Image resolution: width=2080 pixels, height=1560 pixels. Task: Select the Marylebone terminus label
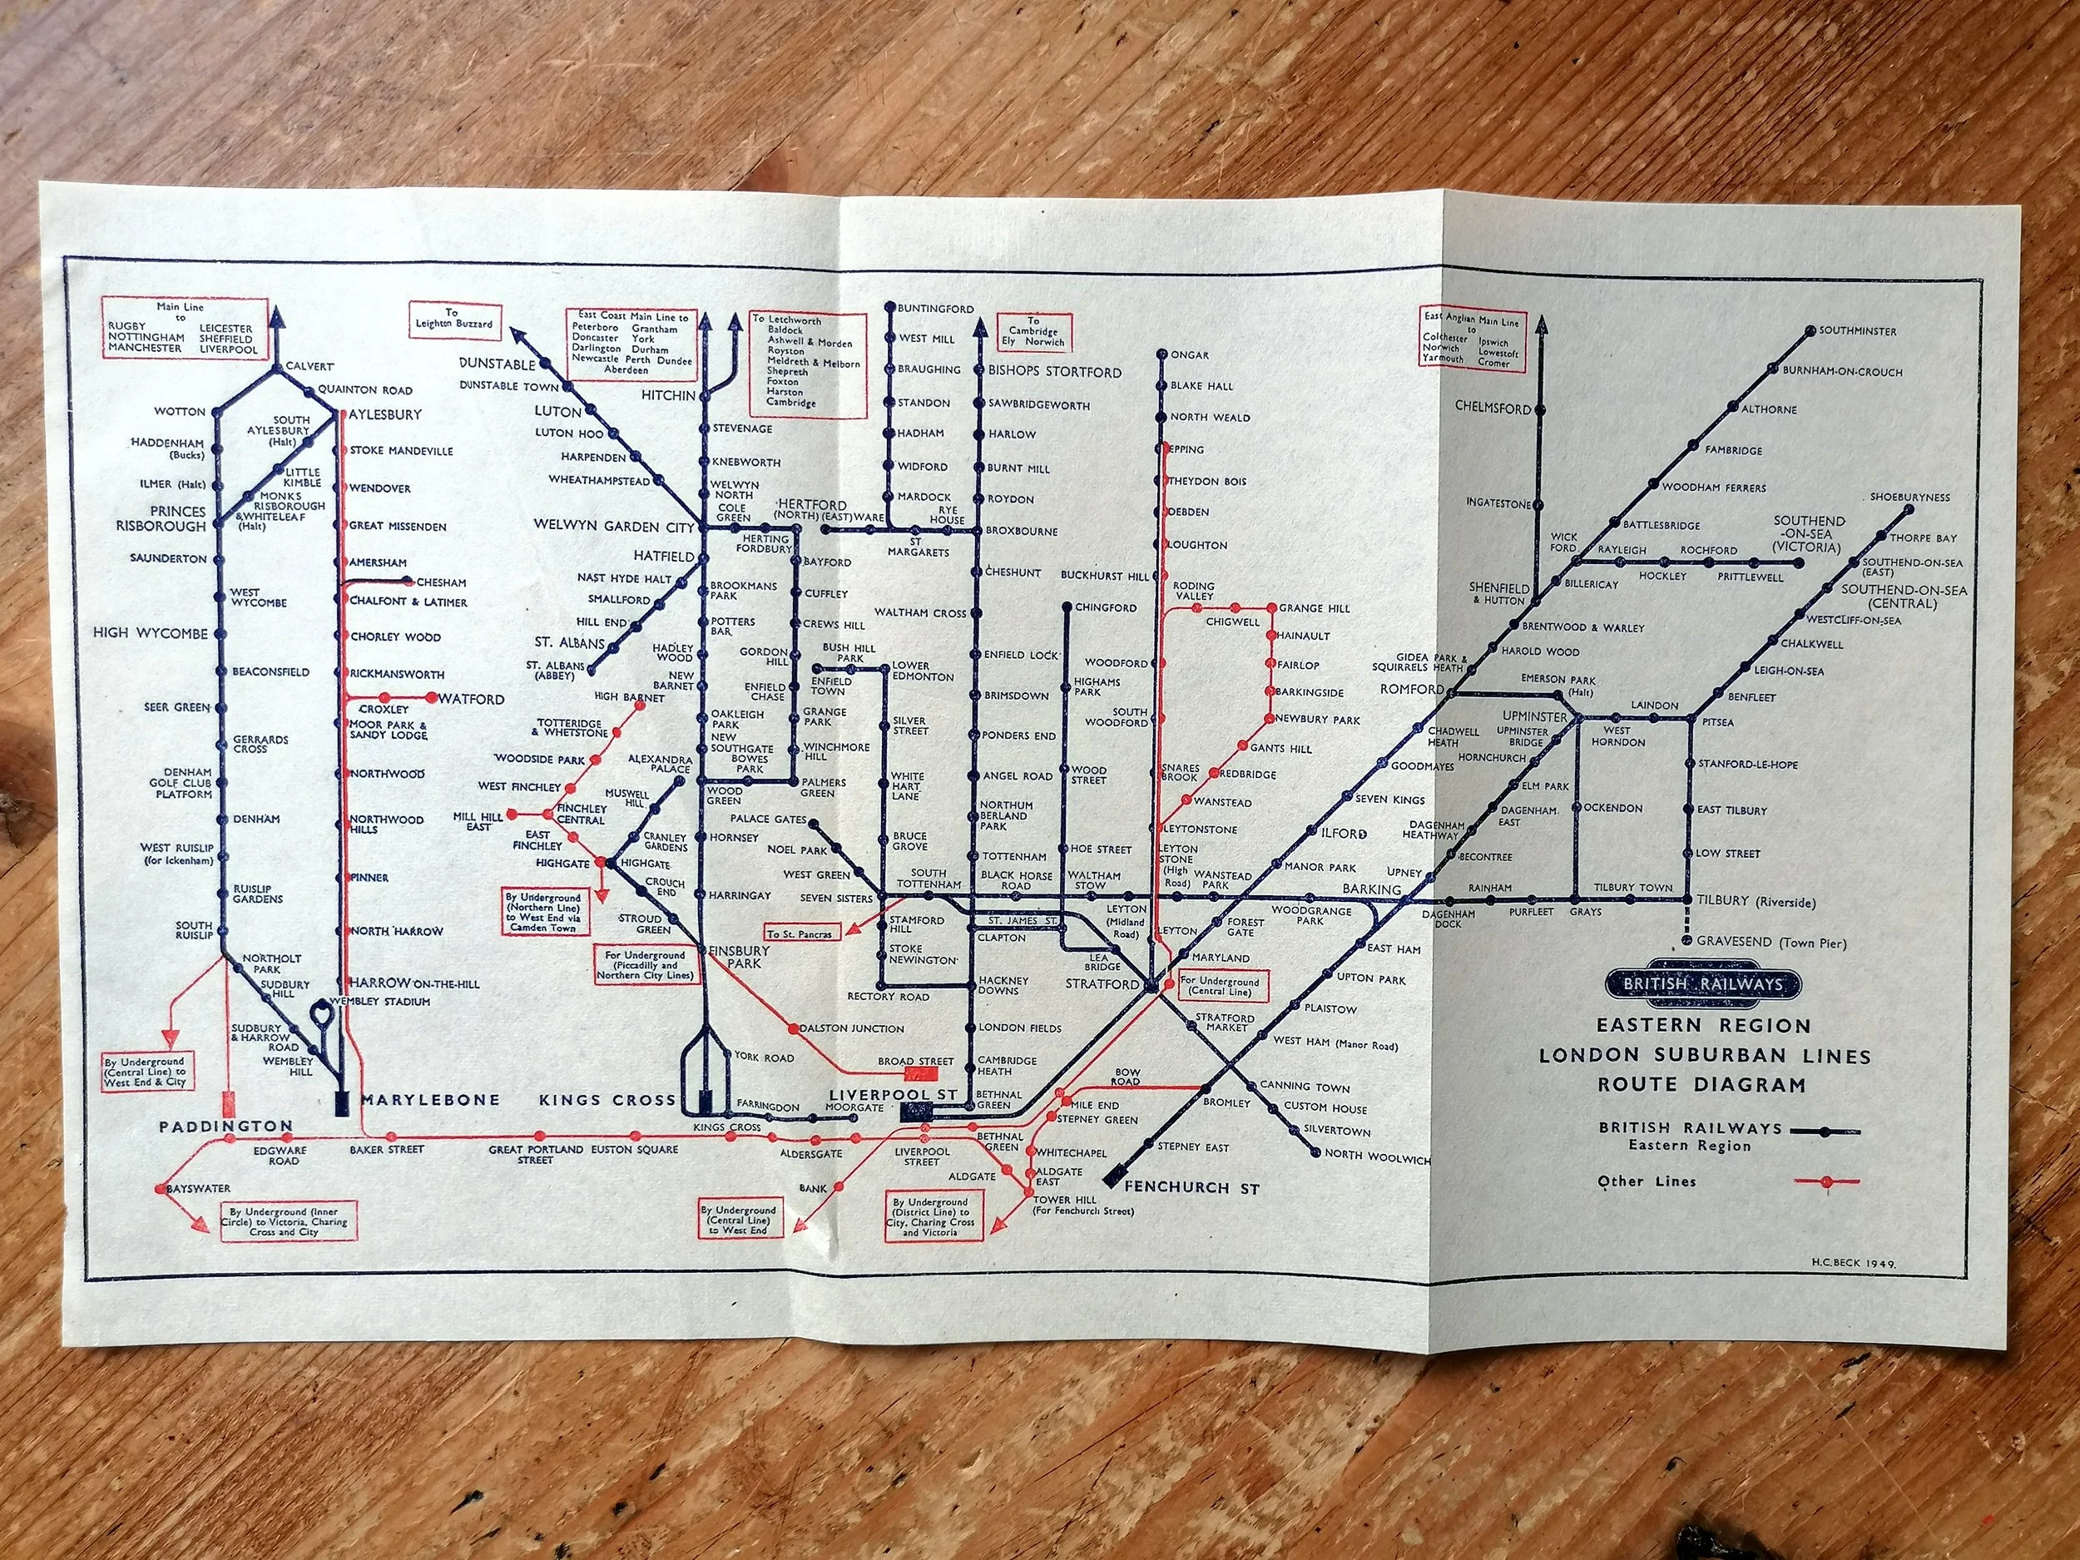[430, 1100]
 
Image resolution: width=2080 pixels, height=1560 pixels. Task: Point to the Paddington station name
[225, 1126]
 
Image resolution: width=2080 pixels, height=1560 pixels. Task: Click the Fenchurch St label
[1191, 1187]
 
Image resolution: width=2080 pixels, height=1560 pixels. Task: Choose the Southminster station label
[1857, 331]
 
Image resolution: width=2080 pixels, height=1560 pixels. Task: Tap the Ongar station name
[1190, 355]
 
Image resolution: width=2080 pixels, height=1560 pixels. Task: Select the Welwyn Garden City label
[613, 526]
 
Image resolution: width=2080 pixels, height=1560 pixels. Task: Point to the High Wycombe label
[150, 633]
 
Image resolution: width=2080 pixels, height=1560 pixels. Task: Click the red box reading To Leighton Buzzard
[453, 319]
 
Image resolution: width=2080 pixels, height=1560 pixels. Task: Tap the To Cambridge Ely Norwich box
[1033, 332]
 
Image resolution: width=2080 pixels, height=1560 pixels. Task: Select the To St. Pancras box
[800, 934]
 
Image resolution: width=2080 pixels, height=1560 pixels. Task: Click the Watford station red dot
[432, 698]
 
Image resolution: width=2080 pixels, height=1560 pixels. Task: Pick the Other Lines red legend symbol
[1826, 1181]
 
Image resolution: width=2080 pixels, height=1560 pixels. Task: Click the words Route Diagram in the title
[1701, 1084]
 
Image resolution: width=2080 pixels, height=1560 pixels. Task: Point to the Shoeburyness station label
[1909, 498]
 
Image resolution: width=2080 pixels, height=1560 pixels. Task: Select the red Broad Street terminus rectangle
[915, 1072]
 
